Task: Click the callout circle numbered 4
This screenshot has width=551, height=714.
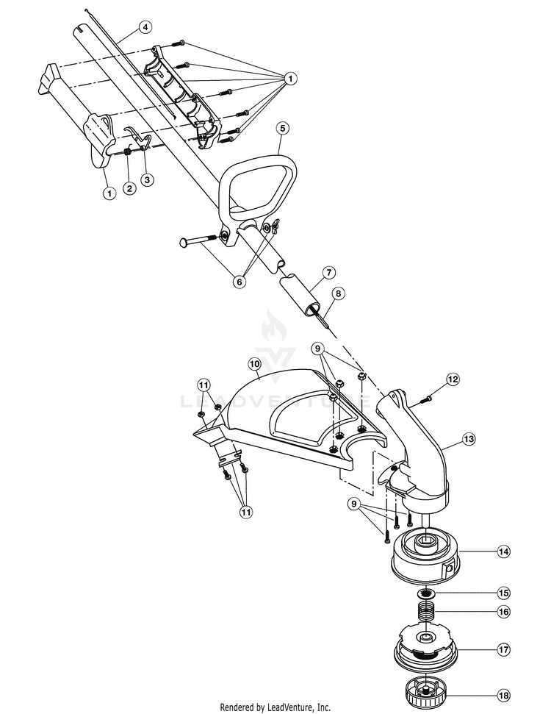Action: pyautogui.click(x=145, y=27)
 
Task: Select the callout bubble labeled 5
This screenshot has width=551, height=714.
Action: pyautogui.click(x=283, y=127)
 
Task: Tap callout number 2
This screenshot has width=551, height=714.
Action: pyautogui.click(x=129, y=188)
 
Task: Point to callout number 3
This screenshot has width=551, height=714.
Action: pyautogui.click(x=148, y=179)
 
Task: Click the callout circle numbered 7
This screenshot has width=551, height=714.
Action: pyautogui.click(x=327, y=272)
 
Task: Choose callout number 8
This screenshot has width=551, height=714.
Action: pyautogui.click(x=338, y=293)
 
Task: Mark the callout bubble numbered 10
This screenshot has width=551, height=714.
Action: pyautogui.click(x=254, y=363)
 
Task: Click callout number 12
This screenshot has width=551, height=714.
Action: pyautogui.click(x=453, y=379)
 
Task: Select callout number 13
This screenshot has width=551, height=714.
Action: pyautogui.click(x=469, y=439)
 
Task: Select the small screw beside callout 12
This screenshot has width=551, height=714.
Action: pyautogui.click(x=426, y=399)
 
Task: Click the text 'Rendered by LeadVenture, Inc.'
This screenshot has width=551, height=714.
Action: pyautogui.click(x=275, y=707)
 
